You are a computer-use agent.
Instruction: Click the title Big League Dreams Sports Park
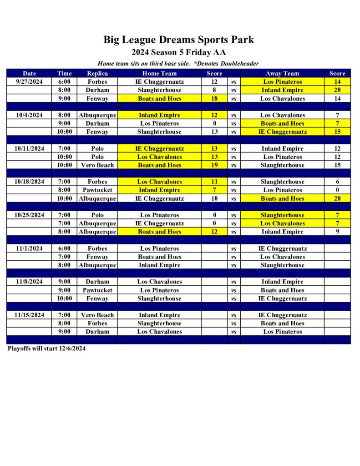(x=178, y=40)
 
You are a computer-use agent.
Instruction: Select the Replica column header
(x=97, y=73)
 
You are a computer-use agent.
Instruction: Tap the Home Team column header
(x=159, y=73)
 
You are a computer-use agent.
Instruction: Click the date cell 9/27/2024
(x=29, y=82)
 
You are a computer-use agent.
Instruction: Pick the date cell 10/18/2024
(x=29, y=182)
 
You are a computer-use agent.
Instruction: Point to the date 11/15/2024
(x=29, y=315)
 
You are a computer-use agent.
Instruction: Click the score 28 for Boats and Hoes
(x=337, y=198)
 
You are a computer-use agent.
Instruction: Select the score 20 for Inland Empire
(x=337, y=90)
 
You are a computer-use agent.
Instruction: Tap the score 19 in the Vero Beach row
(x=214, y=165)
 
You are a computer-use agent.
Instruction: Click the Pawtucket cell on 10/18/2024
(x=97, y=190)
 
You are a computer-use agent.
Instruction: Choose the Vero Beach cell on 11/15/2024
(x=97, y=315)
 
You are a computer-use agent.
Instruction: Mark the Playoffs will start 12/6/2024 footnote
(x=46, y=349)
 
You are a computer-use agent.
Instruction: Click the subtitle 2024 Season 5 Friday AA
(x=178, y=52)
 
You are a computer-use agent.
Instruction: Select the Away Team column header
(x=282, y=73)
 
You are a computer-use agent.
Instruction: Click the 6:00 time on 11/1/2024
(x=64, y=248)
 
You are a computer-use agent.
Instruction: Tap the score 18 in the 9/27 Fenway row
(x=214, y=98)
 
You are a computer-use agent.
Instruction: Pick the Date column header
(x=29, y=73)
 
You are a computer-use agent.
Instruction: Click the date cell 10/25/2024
(x=29, y=215)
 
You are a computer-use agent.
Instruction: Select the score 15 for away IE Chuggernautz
(x=337, y=132)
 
